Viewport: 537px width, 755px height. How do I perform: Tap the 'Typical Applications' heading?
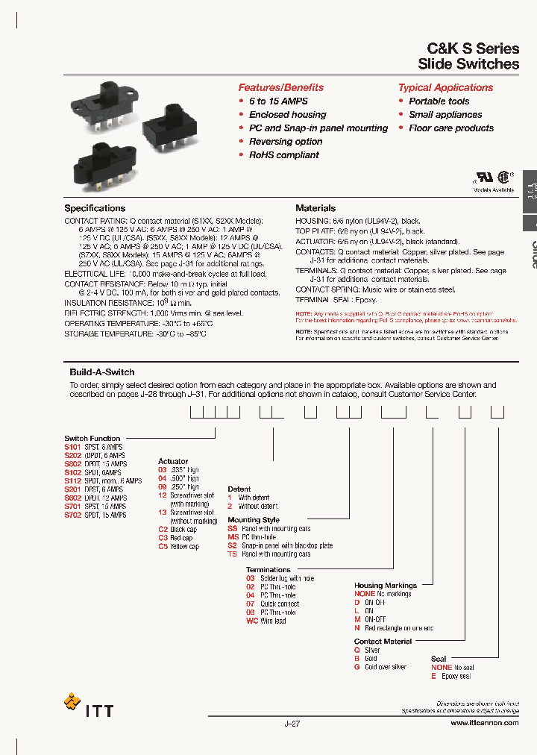tap(445, 87)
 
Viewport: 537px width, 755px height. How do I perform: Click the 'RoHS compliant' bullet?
tap(283, 155)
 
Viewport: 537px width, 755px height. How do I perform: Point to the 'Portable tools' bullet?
tap(439, 101)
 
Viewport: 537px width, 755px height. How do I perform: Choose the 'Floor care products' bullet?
tap(450, 128)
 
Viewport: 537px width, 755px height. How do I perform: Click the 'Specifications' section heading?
tap(95, 208)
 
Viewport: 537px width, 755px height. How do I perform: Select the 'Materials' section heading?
tap(315, 208)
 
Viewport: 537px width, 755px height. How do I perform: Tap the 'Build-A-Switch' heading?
tap(102, 372)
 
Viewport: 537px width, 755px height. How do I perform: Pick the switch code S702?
tap(72, 515)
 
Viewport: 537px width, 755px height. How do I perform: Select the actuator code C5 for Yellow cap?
tap(163, 546)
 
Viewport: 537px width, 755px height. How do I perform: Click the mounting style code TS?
tap(233, 554)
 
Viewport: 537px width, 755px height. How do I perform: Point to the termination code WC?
tap(252, 621)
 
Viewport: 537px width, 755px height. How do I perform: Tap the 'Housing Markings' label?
tap(385, 585)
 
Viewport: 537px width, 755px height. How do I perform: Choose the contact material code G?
tap(357, 667)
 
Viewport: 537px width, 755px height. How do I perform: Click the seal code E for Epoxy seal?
tap(433, 676)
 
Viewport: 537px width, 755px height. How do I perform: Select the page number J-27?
tap(292, 723)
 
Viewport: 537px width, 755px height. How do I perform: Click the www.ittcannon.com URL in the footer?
tap(485, 723)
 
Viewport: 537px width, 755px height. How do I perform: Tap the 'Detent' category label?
tap(239, 489)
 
